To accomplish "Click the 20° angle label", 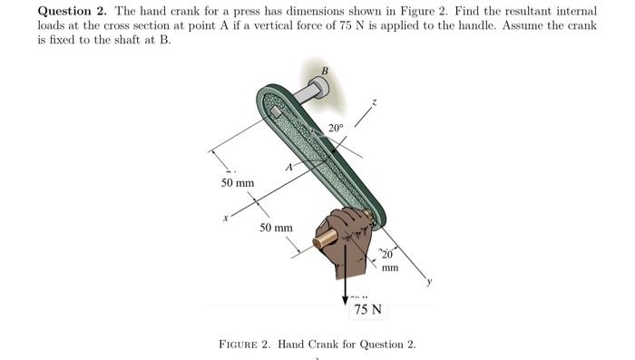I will tap(336, 128).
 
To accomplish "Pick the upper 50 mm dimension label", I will tap(238, 184).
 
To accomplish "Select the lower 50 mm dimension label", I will tap(276, 227).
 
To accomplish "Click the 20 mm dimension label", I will tap(389, 261).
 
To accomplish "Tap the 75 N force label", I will tap(368, 310).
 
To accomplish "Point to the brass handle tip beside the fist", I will tap(323, 241).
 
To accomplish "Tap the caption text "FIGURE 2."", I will tap(245, 345).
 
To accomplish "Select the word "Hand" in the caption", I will tap(293, 345).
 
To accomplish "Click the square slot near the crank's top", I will tap(277, 112).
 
